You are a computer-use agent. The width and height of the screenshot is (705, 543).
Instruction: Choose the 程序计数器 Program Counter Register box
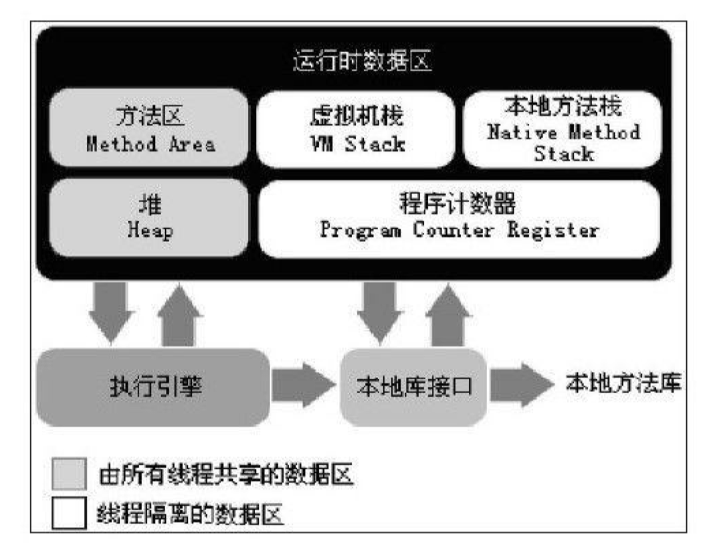click(459, 218)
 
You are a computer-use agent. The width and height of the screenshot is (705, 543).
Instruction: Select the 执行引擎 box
click(153, 387)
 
